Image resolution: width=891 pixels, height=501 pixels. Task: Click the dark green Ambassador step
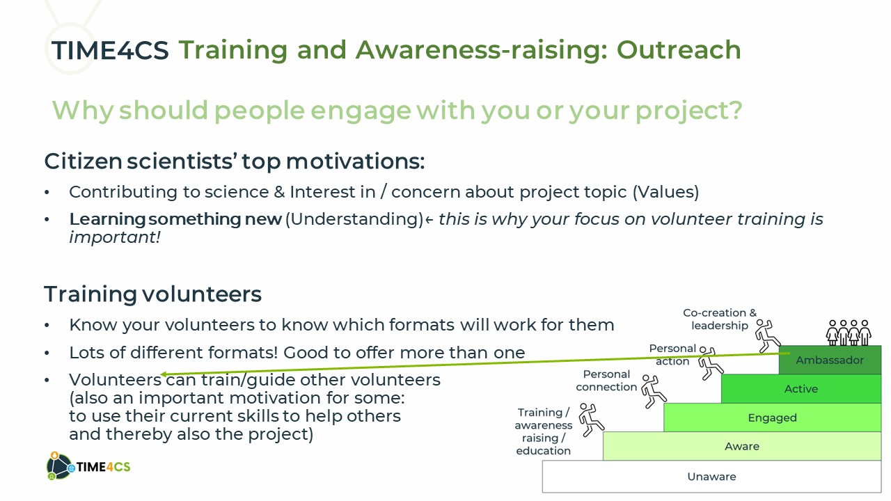pyautogui.click(x=830, y=360)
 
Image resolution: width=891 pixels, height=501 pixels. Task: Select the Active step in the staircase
pyautogui.click(x=801, y=388)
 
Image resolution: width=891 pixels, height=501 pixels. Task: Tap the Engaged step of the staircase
pyautogui.click(x=772, y=417)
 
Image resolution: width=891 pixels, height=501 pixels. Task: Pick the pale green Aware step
pyautogui.click(x=742, y=446)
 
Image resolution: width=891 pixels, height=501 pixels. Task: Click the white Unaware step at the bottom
pyautogui.click(x=711, y=477)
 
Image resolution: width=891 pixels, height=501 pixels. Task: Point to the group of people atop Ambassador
pyautogui.click(x=849, y=333)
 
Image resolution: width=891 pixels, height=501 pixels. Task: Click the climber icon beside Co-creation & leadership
pyautogui.click(x=767, y=336)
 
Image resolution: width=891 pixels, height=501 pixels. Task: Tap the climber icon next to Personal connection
pyautogui.click(x=654, y=391)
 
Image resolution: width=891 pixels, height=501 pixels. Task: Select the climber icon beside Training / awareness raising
pyautogui.click(x=591, y=420)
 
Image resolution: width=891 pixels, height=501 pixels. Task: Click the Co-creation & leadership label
pyautogui.click(x=720, y=319)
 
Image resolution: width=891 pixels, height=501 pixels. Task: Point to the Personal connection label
pyautogui.click(x=606, y=381)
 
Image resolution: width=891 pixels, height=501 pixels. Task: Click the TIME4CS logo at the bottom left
pyautogui.click(x=88, y=466)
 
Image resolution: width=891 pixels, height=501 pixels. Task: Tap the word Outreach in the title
pyautogui.click(x=679, y=50)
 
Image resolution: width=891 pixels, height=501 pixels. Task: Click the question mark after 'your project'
pyautogui.click(x=734, y=110)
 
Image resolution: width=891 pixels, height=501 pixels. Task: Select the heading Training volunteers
pyautogui.click(x=152, y=294)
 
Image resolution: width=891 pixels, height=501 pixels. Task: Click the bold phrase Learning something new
pyautogui.click(x=175, y=218)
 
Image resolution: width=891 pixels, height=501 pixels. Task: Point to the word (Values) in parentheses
pyautogui.click(x=665, y=192)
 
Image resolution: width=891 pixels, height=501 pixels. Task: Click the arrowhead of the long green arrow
pyautogui.click(x=164, y=374)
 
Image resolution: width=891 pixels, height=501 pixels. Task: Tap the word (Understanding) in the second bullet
pyautogui.click(x=354, y=219)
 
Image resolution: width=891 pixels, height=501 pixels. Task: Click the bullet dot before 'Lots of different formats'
pyautogui.click(x=47, y=353)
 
